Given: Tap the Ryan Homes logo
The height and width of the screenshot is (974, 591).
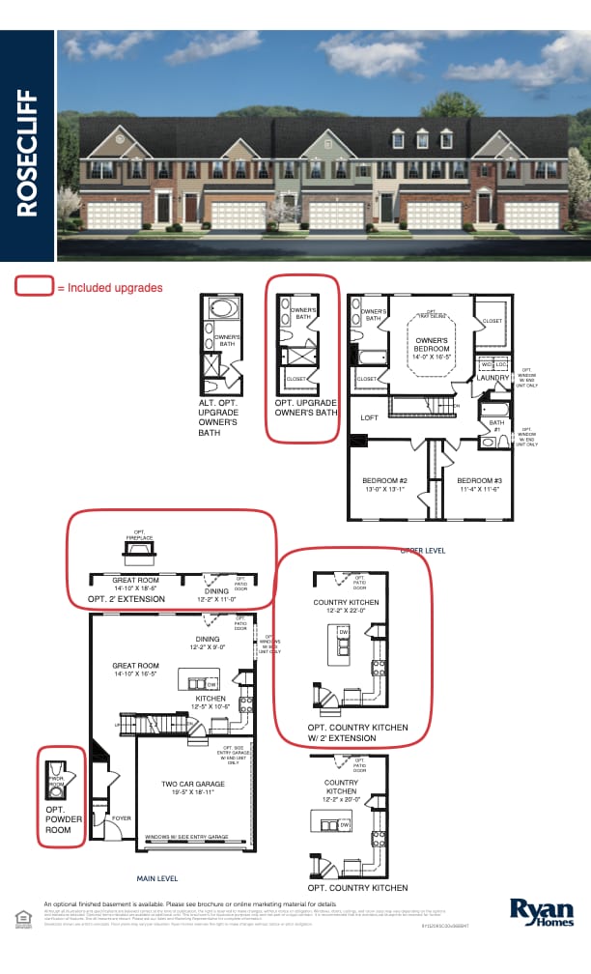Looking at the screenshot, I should (542, 911).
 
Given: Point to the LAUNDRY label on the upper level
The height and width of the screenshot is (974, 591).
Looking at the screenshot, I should (492, 378).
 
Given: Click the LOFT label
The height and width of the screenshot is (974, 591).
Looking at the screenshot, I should (369, 418).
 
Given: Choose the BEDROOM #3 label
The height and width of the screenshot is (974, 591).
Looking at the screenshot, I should (480, 480).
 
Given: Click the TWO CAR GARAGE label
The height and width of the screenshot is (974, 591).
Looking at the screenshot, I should (194, 784).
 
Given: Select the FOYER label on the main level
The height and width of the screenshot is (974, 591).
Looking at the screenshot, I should (122, 817).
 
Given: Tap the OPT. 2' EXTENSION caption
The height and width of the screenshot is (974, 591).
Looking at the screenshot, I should (126, 599).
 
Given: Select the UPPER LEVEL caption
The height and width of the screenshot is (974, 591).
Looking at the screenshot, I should (422, 550).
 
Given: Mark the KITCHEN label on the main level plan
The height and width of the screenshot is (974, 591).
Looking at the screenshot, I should (210, 698).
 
